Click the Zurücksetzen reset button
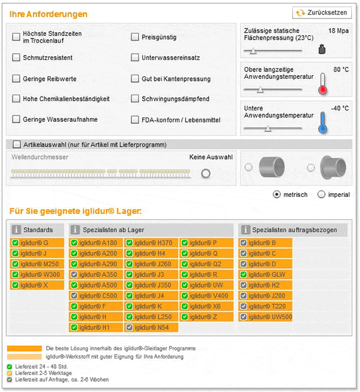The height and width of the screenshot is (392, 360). pos(321,13)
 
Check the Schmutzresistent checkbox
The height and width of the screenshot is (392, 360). pos(16,58)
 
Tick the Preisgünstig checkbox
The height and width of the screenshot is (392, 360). pos(135,37)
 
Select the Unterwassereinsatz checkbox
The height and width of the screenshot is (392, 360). pos(135,58)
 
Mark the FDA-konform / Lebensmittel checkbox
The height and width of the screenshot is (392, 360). pos(135,119)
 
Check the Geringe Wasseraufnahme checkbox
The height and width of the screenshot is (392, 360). pos(16,119)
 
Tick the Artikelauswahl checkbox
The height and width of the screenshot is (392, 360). pos(16,145)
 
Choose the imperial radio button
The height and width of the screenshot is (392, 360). pos(321,194)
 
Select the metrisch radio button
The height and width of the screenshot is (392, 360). pos(277,194)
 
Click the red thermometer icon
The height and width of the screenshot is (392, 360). pos(323,83)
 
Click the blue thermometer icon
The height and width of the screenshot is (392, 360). pos(323,121)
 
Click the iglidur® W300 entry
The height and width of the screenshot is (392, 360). pos(38,275)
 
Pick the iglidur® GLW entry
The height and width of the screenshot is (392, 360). pos(265,275)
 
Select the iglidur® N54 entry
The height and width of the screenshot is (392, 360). pos(152,328)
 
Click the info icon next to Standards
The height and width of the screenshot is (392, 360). pos(16,230)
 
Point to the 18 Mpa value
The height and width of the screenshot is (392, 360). pos(338,30)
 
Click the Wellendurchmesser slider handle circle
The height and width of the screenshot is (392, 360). pos(205,174)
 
